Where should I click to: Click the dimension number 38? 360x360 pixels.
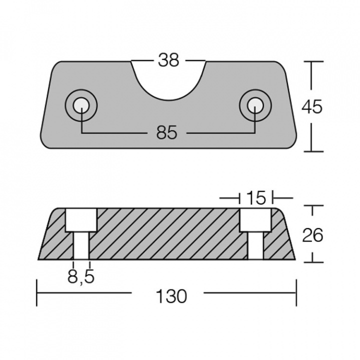click(168, 60)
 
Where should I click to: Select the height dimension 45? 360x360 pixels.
click(312, 106)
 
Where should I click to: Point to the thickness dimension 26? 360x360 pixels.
click(312, 234)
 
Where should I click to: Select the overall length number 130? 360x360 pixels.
click(167, 296)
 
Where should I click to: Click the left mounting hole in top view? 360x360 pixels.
click(81, 105)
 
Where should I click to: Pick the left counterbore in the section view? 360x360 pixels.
click(81, 220)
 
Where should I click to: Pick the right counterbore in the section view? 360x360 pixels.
click(255, 220)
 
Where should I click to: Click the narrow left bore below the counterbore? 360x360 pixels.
click(81, 246)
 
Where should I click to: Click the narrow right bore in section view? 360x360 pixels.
click(255, 246)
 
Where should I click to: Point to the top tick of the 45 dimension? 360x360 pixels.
click(312, 61)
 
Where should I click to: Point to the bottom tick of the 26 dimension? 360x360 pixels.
click(312, 260)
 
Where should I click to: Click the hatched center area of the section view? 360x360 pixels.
click(167, 234)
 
